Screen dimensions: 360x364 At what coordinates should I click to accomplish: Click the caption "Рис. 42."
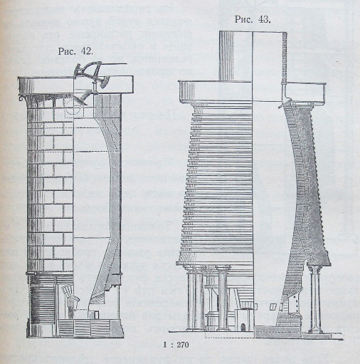(x=75, y=51)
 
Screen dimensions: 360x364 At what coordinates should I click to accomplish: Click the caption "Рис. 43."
(x=253, y=19)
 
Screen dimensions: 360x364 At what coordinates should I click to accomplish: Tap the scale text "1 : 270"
(x=176, y=345)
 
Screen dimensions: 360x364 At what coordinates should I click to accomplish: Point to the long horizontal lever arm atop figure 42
(x=113, y=63)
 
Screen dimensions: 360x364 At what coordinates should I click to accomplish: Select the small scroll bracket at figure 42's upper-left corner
(x=22, y=98)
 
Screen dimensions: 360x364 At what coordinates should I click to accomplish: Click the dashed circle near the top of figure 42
(x=73, y=107)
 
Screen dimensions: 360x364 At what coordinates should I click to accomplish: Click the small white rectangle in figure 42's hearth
(x=97, y=315)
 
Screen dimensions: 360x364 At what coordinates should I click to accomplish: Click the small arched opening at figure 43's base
(x=243, y=328)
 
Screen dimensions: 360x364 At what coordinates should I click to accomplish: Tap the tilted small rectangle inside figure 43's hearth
(x=272, y=307)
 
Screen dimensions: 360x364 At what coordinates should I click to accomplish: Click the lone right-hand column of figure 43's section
(x=314, y=298)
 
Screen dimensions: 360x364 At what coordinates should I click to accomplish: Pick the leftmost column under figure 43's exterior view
(x=191, y=300)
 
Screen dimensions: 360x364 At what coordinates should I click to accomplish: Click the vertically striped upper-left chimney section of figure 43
(x=226, y=56)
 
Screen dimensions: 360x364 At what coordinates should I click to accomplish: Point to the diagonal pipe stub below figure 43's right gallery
(x=284, y=105)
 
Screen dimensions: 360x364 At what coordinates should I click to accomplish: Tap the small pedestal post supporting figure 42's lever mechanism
(x=95, y=88)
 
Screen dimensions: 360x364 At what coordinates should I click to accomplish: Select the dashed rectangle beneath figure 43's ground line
(x=230, y=335)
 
